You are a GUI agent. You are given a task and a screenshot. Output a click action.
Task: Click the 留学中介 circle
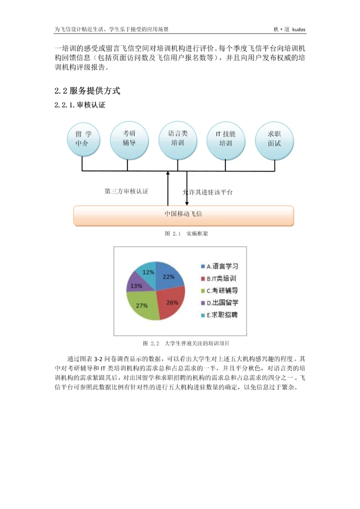(x=83, y=139)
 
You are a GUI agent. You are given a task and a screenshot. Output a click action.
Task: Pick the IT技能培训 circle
(x=226, y=139)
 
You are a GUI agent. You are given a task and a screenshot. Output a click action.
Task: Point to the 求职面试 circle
(x=274, y=139)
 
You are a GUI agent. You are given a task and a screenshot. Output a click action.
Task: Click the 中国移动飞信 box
(x=183, y=214)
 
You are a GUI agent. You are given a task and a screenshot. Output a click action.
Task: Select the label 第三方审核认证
(x=126, y=191)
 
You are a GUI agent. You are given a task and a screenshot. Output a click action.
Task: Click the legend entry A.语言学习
(x=219, y=266)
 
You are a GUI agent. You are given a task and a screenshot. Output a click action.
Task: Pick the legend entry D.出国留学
(x=219, y=302)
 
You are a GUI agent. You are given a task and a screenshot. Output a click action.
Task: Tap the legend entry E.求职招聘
(x=219, y=315)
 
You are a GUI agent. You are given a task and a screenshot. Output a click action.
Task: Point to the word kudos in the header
(x=298, y=29)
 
